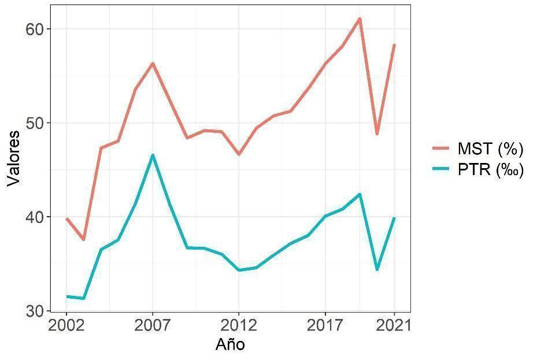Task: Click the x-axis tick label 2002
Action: click(x=66, y=325)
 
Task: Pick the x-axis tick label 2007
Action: click(x=153, y=325)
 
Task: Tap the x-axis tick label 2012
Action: click(x=239, y=325)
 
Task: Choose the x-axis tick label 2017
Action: click(x=325, y=325)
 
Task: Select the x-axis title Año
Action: click(x=230, y=345)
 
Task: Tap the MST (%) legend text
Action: click(x=490, y=149)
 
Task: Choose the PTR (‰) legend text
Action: click(x=490, y=171)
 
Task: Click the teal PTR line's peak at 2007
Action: click(x=153, y=155)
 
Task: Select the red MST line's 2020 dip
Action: click(x=377, y=134)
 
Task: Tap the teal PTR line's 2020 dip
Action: click(x=377, y=269)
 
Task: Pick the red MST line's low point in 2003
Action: click(x=83, y=239)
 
